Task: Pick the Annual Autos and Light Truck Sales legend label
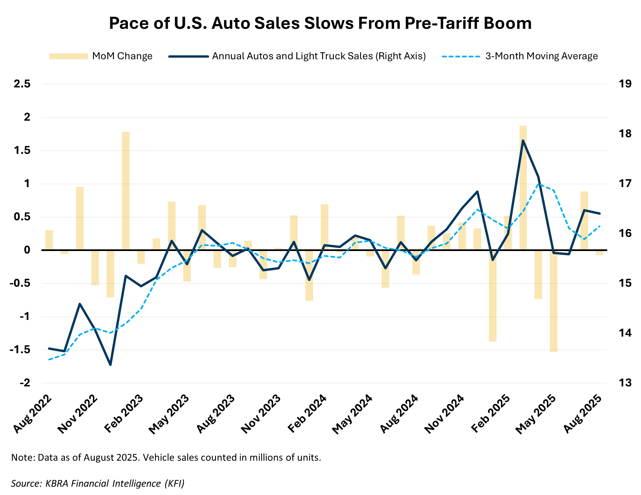pos(319,56)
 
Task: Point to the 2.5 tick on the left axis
pos(22,84)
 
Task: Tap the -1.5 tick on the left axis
pos(20,350)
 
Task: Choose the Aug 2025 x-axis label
pos(583,413)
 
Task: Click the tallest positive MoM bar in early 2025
pos(523,187)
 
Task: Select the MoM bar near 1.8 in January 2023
pos(126,190)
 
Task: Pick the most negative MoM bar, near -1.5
pos(553,300)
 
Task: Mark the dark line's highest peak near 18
pos(523,141)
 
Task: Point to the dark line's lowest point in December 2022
pos(111,365)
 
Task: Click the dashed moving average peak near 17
pos(538,184)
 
